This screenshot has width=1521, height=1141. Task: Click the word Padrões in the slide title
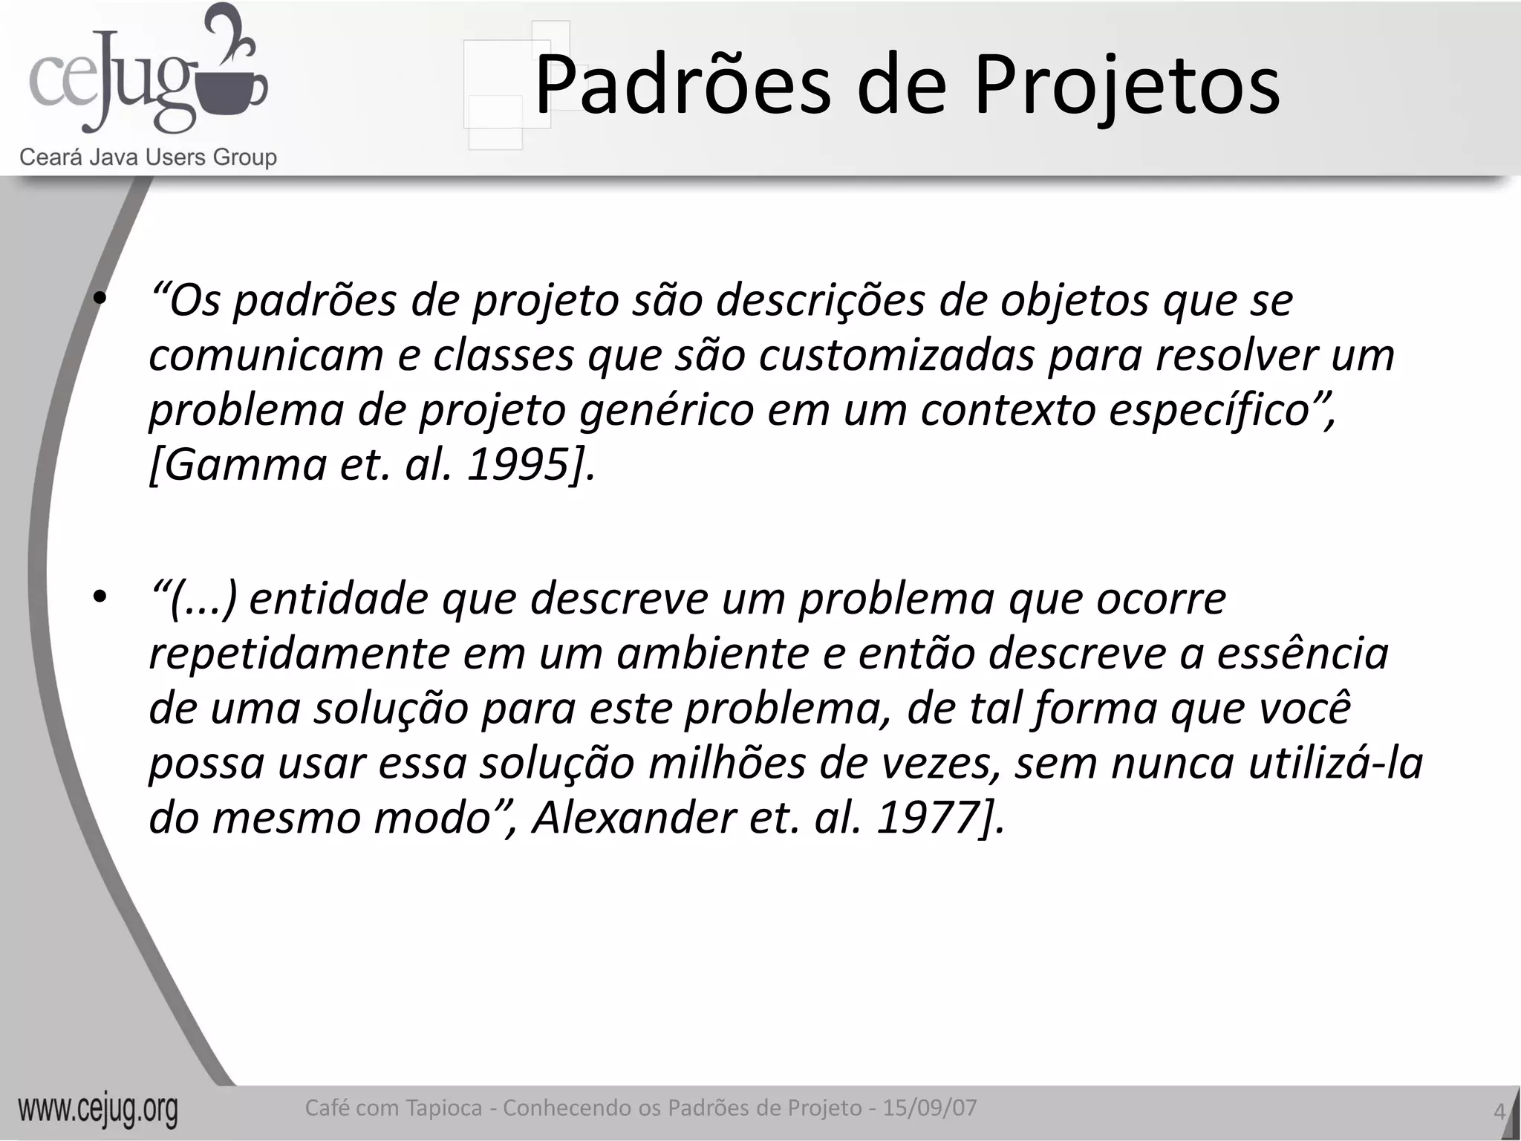682,85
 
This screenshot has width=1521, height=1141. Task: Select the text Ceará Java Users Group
148,157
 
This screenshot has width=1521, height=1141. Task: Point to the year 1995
518,465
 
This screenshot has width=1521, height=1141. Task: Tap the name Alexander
634,818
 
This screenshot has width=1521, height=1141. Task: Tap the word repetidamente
299,654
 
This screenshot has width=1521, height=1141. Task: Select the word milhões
726,764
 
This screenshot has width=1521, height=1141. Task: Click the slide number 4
1499,1112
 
